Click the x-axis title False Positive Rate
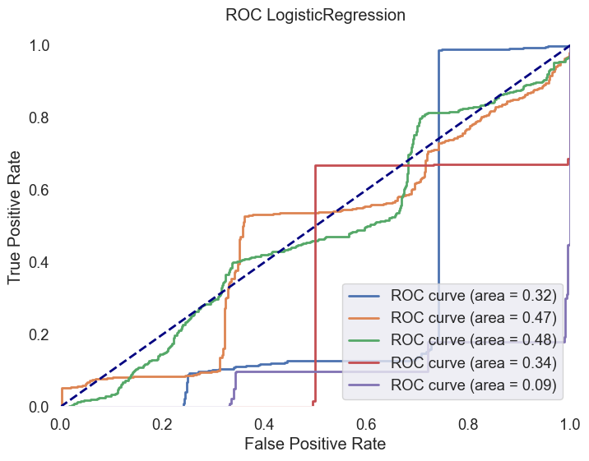[315, 444]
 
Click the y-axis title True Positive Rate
[15, 225]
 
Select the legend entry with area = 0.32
[475, 295]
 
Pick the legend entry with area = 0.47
[475, 317]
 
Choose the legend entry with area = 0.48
[475, 339]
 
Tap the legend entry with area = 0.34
[475, 362]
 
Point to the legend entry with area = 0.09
[475, 384]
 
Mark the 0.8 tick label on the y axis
[39, 118]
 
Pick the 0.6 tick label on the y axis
[39, 190]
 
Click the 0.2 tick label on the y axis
[39, 334]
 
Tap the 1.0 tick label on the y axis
[39, 45]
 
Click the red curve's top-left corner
[316, 165]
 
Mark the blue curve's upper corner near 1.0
[439, 50]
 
